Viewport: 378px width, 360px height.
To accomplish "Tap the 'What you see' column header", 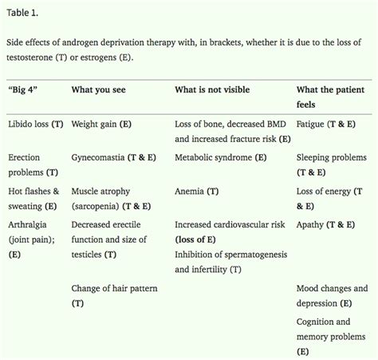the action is point(100,89).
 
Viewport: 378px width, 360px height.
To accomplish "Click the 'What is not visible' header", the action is point(213,89).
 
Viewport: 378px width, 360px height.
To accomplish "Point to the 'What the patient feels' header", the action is point(331,97).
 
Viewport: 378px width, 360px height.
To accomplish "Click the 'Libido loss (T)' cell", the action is point(36,125).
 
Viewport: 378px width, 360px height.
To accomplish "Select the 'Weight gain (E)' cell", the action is point(104,125).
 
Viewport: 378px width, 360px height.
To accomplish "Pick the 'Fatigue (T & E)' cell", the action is point(325,125).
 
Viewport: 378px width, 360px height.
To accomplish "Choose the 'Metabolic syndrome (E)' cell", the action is point(221,158).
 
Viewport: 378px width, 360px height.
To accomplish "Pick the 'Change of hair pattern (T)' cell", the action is point(110,295).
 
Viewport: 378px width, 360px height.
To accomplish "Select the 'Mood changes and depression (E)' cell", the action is point(332,295).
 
